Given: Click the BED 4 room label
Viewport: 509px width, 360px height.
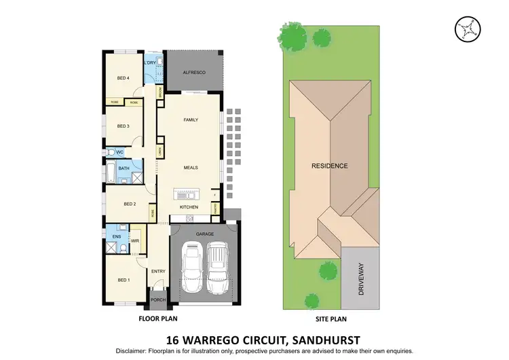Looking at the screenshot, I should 123,78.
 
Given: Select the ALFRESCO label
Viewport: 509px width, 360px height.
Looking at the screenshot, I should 195,72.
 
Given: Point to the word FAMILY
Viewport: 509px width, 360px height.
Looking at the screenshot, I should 190,120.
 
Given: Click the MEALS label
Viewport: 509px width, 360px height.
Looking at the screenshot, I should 190,167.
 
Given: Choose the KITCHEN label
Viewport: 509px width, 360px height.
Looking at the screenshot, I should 189,206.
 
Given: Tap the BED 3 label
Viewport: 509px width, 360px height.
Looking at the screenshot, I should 123,126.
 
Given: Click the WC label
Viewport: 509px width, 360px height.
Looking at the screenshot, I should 119,152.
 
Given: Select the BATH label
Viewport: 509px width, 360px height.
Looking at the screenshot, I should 124,168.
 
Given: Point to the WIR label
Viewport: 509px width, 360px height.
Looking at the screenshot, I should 134,240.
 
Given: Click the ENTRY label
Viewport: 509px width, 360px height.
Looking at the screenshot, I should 158,271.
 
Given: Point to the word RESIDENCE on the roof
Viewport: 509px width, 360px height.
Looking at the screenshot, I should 330,166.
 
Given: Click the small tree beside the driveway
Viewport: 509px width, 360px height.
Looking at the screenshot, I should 328,272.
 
